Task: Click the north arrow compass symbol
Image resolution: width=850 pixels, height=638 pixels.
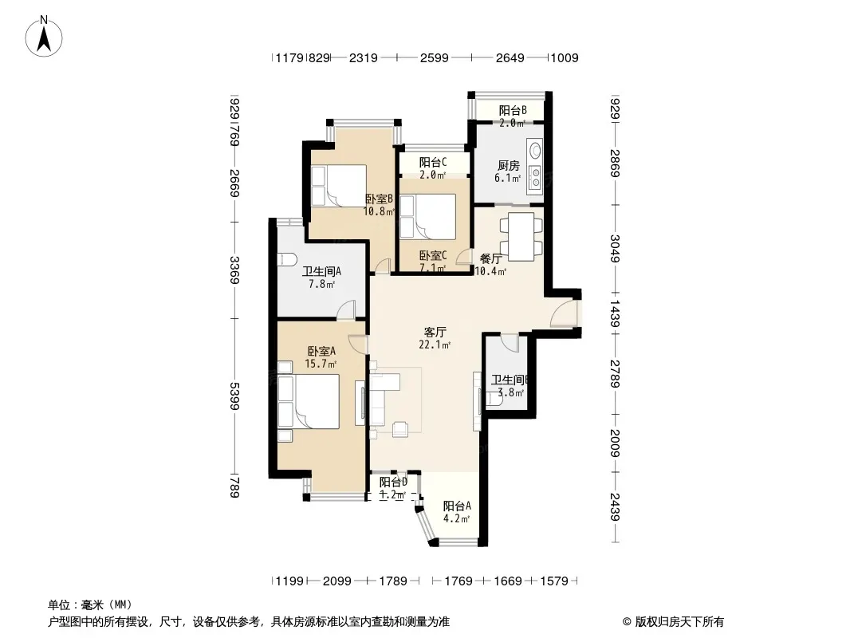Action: (44, 37)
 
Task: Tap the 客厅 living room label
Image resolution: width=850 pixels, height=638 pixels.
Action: (435, 332)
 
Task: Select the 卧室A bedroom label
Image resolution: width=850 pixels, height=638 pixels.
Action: (321, 351)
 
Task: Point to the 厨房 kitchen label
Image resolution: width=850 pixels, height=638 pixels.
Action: (509, 165)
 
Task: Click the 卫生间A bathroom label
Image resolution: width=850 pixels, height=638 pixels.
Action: (321, 271)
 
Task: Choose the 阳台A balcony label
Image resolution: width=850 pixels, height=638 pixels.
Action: (457, 506)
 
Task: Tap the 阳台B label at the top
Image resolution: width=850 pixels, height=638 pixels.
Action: (513, 111)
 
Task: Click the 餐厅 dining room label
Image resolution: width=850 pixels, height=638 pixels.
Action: (491, 259)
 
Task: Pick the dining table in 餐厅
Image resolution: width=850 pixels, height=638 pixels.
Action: (521, 236)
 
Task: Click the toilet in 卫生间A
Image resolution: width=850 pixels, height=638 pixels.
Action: (285, 259)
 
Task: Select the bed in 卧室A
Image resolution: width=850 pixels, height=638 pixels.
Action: (309, 401)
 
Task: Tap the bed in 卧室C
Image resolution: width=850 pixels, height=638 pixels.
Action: (427, 216)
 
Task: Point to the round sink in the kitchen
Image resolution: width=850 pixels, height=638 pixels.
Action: (535, 149)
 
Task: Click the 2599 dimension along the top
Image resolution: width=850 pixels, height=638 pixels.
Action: (435, 57)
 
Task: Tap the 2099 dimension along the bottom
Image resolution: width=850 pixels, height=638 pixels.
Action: (337, 581)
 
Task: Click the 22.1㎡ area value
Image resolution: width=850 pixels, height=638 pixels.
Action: (435, 345)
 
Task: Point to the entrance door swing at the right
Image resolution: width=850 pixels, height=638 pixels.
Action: (564, 314)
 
